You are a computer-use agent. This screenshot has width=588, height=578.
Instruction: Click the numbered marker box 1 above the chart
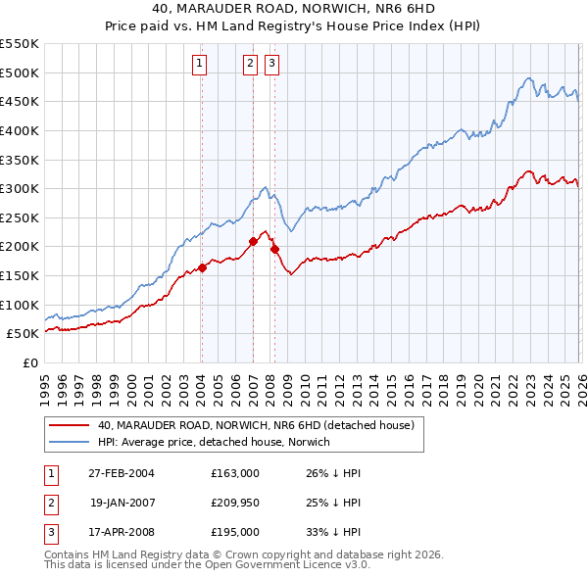[x=200, y=65]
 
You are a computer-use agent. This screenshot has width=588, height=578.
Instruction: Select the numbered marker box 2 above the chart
[x=250, y=65]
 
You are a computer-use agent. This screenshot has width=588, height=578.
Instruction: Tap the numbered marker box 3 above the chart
[x=271, y=65]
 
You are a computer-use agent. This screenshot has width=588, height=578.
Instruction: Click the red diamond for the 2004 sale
[x=202, y=267]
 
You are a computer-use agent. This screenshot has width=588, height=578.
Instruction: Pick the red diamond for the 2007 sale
[x=253, y=240]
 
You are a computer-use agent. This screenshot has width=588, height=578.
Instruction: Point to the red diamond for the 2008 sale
[x=274, y=249]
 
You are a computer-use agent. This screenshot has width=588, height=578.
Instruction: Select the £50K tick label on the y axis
[x=24, y=333]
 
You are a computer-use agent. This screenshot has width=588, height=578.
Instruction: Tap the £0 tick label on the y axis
[x=30, y=362]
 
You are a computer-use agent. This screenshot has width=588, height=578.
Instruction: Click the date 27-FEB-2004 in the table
[x=120, y=473]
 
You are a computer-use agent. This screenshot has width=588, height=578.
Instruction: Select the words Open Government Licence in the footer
[x=277, y=565]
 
